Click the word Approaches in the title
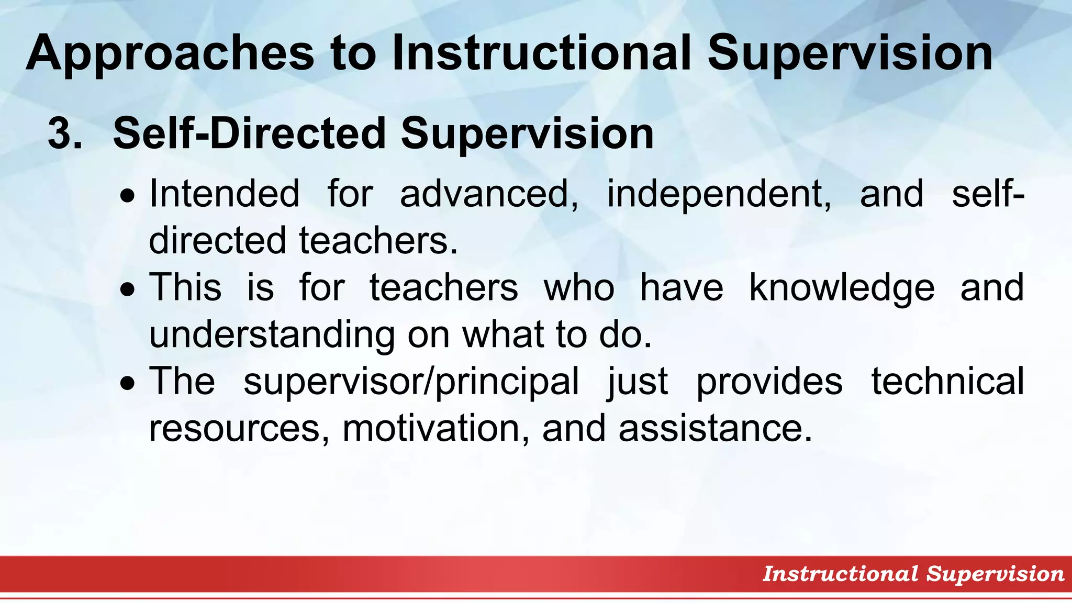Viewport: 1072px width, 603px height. pyautogui.click(x=170, y=54)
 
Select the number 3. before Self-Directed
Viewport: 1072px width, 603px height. pyautogui.click(x=65, y=133)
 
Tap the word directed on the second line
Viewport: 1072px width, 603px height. pyautogui.click(x=218, y=240)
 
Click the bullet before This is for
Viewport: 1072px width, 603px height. pyautogui.click(x=127, y=290)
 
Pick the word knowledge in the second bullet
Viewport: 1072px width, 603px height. pyautogui.click(x=841, y=288)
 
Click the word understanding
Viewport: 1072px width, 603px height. pyautogui.click(x=272, y=334)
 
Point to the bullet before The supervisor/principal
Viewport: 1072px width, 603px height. pyautogui.click(x=127, y=384)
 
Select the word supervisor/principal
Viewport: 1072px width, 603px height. pyautogui.click(x=411, y=382)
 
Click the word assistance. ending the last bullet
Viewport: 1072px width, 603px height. pyautogui.click(x=715, y=428)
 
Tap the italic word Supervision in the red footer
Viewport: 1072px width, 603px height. pyautogui.click(x=995, y=574)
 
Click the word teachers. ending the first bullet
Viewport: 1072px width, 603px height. pyautogui.click(x=378, y=240)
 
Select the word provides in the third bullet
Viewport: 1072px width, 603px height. pyautogui.click(x=769, y=382)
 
